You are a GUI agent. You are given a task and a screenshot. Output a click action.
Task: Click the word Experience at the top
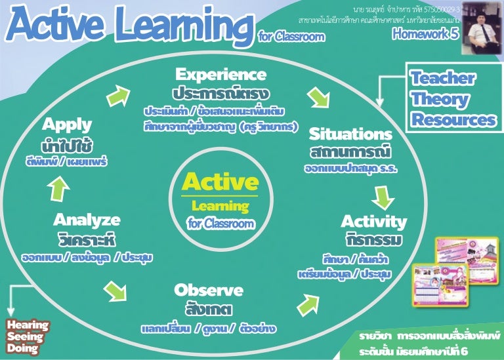coord(220,73)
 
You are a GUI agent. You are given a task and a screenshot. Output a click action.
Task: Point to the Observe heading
coord(209,290)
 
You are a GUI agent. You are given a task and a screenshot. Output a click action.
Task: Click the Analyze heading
coord(87,219)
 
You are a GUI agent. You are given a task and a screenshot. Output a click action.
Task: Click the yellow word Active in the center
coord(220,182)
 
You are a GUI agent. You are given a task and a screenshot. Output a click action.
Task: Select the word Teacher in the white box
coord(443,79)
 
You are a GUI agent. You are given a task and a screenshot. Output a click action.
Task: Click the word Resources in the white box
coord(453,120)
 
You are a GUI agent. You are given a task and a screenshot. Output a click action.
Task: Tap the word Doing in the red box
coord(22,349)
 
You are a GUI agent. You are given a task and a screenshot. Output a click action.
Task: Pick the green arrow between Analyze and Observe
coord(115,288)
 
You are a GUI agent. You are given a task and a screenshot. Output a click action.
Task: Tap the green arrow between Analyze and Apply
coord(58,188)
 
